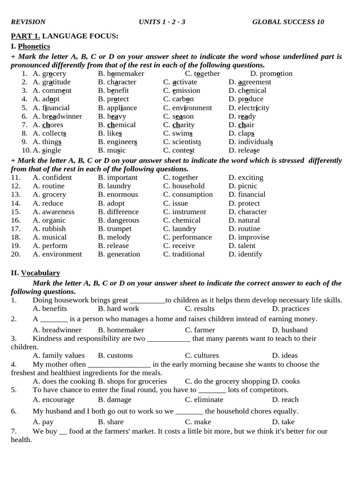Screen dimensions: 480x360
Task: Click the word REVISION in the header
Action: point(28,22)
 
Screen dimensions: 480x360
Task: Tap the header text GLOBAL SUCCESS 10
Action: point(288,22)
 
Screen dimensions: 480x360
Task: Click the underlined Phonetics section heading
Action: point(34,46)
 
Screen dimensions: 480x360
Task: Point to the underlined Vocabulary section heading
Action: point(40,273)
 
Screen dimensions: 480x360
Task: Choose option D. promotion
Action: point(271,74)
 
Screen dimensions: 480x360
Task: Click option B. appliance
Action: point(117,108)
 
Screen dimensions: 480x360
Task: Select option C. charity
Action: point(179,125)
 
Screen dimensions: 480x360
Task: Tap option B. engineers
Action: point(118,142)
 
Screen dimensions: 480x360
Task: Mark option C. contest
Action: point(179,150)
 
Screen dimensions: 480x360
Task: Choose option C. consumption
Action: point(187,195)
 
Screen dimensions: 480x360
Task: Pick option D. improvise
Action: point(249,237)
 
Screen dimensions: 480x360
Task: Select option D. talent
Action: point(242,246)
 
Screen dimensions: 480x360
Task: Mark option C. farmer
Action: point(200,330)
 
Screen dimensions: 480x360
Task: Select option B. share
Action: point(111,422)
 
